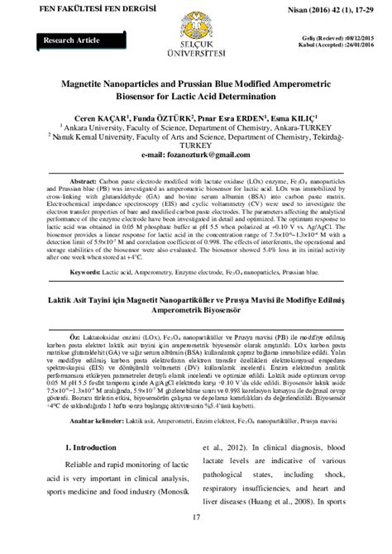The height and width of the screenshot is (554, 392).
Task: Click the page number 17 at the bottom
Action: [195, 541]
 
